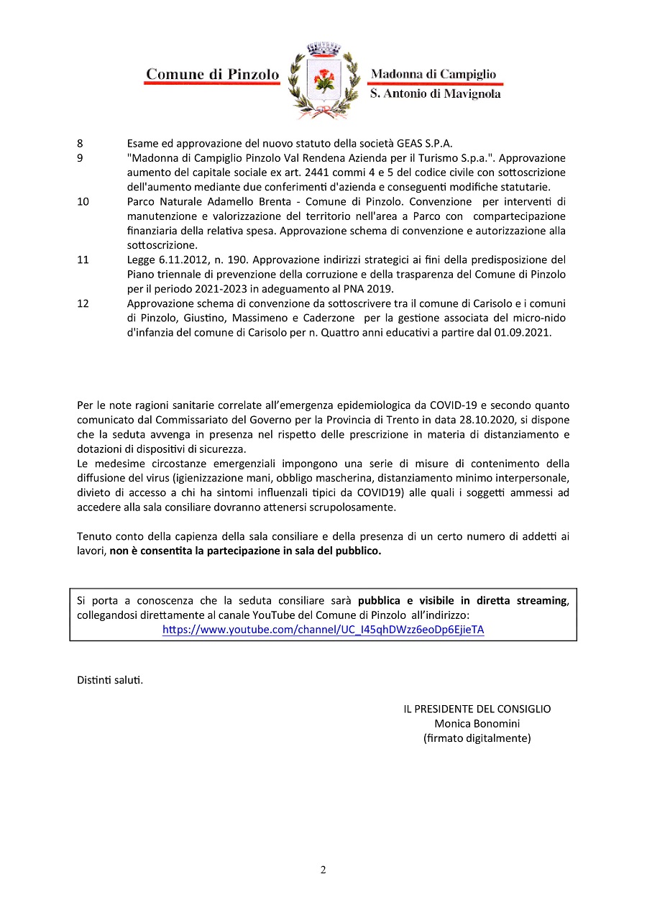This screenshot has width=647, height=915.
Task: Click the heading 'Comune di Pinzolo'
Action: (212, 74)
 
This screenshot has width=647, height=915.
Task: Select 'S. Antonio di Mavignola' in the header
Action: (435, 94)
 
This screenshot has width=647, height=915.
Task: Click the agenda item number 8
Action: (80, 143)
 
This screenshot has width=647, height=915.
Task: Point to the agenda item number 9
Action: (80, 157)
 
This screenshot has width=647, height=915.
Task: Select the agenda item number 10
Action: (83, 201)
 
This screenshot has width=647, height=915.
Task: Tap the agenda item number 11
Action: (83, 259)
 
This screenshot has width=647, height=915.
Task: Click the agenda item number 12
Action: (83, 303)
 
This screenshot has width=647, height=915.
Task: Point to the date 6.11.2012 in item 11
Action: (176, 259)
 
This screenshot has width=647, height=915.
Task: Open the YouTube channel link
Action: (323, 630)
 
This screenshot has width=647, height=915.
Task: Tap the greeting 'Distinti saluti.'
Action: (110, 679)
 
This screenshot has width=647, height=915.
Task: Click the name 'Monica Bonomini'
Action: (477, 723)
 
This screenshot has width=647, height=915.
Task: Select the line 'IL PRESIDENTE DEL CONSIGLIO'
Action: (477, 709)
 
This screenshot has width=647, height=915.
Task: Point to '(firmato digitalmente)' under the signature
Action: (477, 737)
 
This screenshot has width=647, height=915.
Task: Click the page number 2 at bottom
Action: (323, 870)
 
